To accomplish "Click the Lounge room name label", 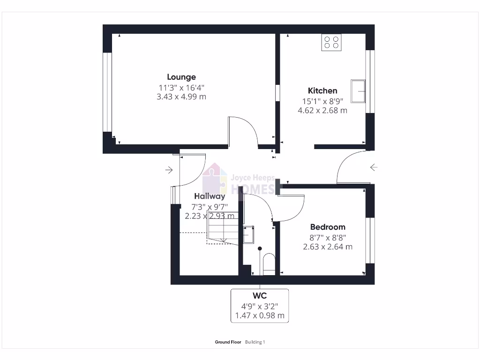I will (x=181, y=77).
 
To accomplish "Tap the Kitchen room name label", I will (x=322, y=90).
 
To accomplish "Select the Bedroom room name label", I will (x=328, y=227).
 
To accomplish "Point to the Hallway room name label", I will (x=210, y=196).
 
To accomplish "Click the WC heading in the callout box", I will (x=260, y=296).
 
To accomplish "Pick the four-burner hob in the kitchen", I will (x=331, y=42).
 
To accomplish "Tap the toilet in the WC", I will (x=269, y=262).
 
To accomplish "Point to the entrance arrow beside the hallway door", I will (x=169, y=170).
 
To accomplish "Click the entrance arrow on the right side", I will (x=374, y=167).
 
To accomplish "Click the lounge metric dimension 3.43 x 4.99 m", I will (x=181, y=97).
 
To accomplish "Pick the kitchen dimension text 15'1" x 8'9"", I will (x=322, y=101).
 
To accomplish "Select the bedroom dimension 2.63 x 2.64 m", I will (x=328, y=247).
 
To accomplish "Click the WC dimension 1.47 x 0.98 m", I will (x=260, y=315).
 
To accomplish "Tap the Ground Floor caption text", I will (x=228, y=342).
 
